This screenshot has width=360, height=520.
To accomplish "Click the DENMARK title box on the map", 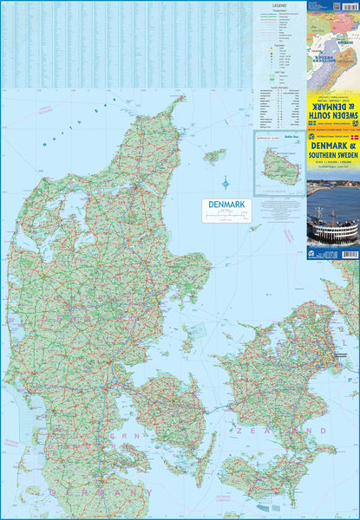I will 224,205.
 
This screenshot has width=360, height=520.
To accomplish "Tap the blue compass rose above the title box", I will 226,184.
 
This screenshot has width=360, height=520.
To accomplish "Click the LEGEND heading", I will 278,4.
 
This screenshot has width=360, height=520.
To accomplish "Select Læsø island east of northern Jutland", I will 213,156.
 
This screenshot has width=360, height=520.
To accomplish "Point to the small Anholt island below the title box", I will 254,228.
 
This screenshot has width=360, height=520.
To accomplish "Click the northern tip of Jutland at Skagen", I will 181,99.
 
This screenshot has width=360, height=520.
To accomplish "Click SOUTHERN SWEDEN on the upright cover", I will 332,158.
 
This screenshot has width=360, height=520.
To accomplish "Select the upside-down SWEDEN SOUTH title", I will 332,104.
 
